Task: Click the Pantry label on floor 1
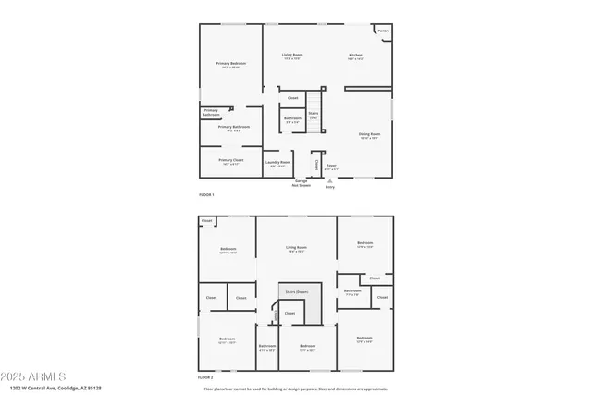(383, 31)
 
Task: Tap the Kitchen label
(355, 56)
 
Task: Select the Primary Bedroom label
(230, 64)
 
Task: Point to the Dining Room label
(370, 135)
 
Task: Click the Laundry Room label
(278, 163)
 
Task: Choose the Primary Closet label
(230, 161)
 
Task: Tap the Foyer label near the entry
(331, 167)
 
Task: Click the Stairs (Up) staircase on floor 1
(314, 115)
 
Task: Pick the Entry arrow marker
(329, 180)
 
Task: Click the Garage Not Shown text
(301, 183)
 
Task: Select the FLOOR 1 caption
(206, 194)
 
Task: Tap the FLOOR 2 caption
(206, 377)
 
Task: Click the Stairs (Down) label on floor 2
(296, 291)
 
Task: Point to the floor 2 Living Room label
(296, 248)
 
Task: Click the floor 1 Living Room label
(292, 56)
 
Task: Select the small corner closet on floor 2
(207, 220)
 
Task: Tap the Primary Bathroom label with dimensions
(234, 128)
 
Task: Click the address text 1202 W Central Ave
(55, 389)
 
